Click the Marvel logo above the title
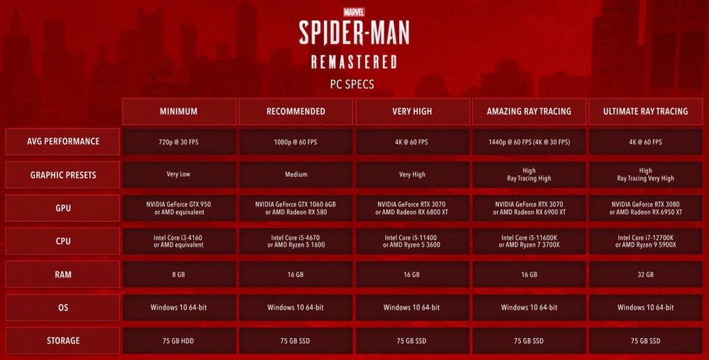click(x=354, y=12)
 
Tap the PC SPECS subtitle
click(x=352, y=84)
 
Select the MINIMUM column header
click(x=179, y=111)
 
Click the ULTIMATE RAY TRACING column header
click(x=646, y=111)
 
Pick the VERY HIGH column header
click(x=413, y=111)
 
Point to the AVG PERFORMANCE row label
click(x=63, y=142)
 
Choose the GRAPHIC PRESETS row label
click(x=63, y=175)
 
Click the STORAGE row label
click(x=63, y=341)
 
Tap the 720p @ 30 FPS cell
click(x=179, y=142)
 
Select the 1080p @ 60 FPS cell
click(x=296, y=142)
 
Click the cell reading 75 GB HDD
click(x=179, y=341)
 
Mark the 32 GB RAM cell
click(x=646, y=274)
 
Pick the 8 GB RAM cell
click(x=179, y=274)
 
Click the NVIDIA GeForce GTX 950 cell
click(x=179, y=208)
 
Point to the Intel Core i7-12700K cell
click(x=646, y=241)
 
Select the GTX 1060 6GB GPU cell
click(x=296, y=208)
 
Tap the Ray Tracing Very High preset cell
click(x=646, y=175)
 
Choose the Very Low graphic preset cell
click(x=179, y=175)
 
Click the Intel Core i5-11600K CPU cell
click(x=529, y=241)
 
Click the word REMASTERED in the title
click(x=354, y=62)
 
